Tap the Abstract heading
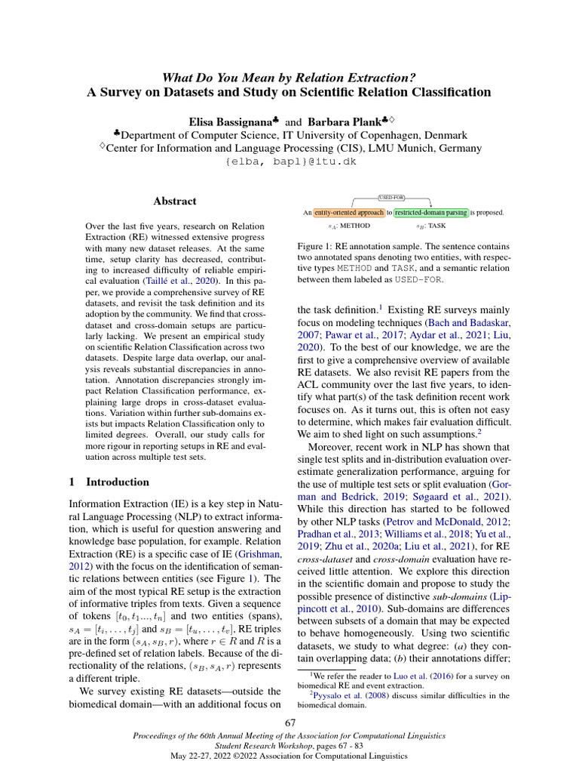click(x=175, y=202)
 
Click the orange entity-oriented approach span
click(x=348, y=213)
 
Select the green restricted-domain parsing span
click(x=430, y=213)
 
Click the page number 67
click(x=290, y=723)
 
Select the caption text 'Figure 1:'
click(x=317, y=246)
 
